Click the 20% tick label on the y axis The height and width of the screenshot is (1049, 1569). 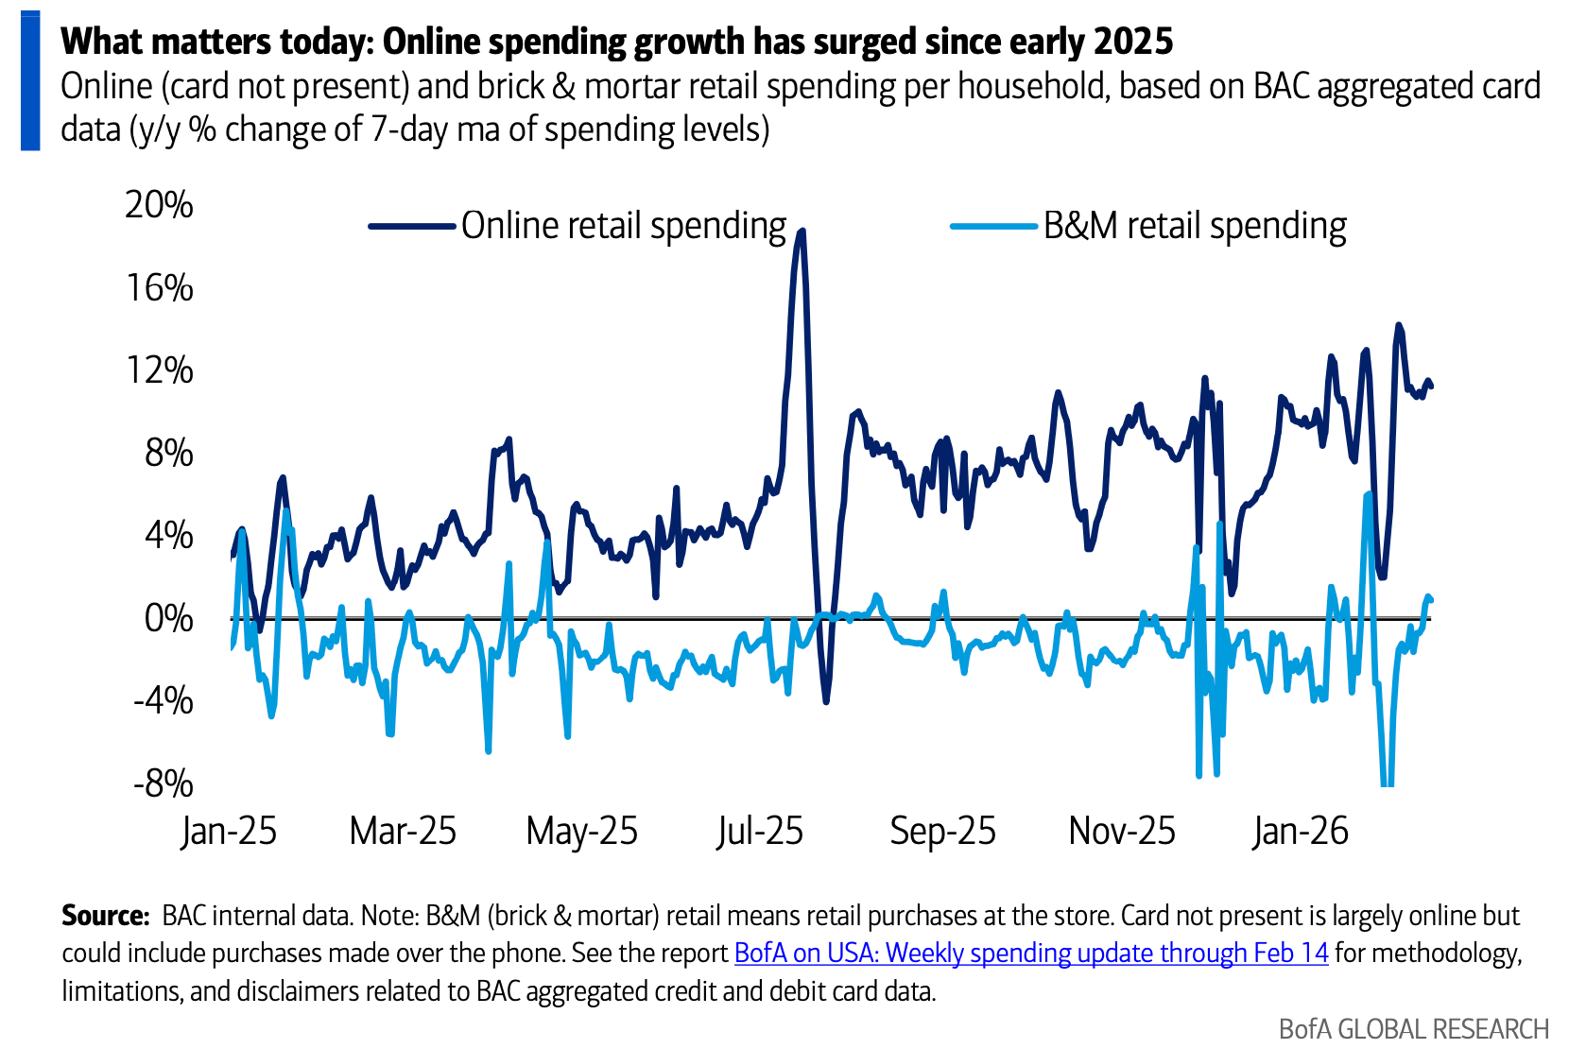(159, 204)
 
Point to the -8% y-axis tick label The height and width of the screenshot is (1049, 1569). (163, 783)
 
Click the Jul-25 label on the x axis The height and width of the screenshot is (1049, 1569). (759, 831)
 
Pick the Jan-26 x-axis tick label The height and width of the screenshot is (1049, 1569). (1301, 831)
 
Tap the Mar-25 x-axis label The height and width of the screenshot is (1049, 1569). (403, 831)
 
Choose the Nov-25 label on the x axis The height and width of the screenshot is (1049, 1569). (1122, 831)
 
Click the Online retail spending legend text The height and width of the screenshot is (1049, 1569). (624, 226)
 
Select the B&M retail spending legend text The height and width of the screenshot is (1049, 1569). (1195, 226)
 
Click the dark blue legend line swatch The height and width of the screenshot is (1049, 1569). (412, 226)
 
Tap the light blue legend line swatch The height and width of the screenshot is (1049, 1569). (994, 226)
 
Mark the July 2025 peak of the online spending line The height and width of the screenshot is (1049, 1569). (802, 231)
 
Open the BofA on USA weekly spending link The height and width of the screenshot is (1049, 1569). (1031, 953)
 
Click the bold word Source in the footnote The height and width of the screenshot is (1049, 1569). (105, 915)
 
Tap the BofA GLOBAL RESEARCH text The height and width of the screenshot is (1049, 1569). (1413, 1028)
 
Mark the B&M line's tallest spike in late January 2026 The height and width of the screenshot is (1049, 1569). (1368, 494)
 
